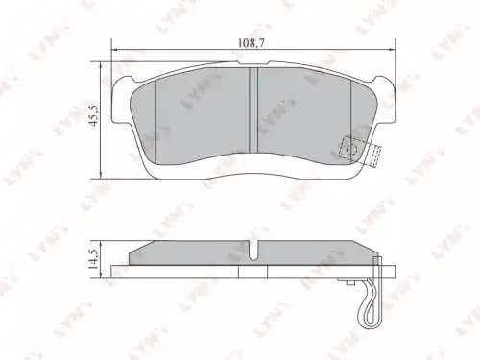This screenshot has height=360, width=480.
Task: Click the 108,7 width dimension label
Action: [x=252, y=43]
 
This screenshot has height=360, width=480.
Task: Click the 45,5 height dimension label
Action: [x=96, y=115]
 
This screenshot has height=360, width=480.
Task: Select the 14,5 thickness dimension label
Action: [x=96, y=258]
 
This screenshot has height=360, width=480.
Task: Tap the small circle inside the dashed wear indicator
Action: [x=352, y=149]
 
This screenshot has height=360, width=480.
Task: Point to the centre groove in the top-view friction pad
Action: [x=253, y=110]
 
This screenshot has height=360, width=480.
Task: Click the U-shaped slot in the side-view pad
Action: [x=254, y=251]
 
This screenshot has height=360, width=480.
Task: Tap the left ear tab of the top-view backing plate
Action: [x=122, y=100]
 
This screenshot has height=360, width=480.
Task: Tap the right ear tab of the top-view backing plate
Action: [x=385, y=100]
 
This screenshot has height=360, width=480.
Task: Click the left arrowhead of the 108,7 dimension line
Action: [x=114, y=50]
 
